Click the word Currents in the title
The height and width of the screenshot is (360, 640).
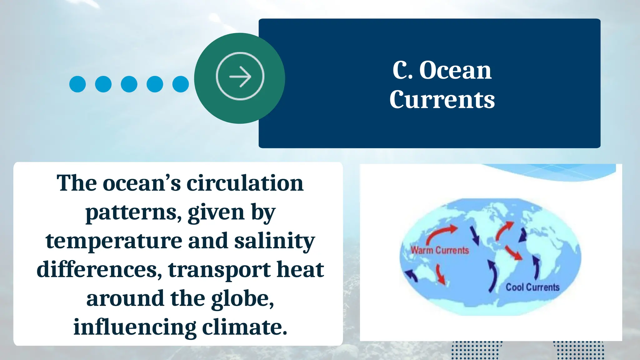pos(442,100)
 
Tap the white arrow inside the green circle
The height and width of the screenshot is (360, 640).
pos(240,76)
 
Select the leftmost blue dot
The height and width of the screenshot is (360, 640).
pos(77,84)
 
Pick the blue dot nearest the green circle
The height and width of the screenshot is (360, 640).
pos(181,84)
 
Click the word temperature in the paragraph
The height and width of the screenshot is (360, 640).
pos(114,241)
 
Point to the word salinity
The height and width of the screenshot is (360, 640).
pos(274,241)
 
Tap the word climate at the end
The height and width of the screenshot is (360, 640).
pos(244,327)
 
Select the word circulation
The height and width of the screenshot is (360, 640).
pos(245,183)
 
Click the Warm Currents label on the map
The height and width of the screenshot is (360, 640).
pos(440,250)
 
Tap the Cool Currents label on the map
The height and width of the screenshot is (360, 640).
pos(532,287)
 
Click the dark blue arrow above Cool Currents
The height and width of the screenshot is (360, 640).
pos(536,267)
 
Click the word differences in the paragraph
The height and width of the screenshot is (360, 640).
pos(99,269)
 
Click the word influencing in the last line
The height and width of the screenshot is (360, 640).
pos(135,327)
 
